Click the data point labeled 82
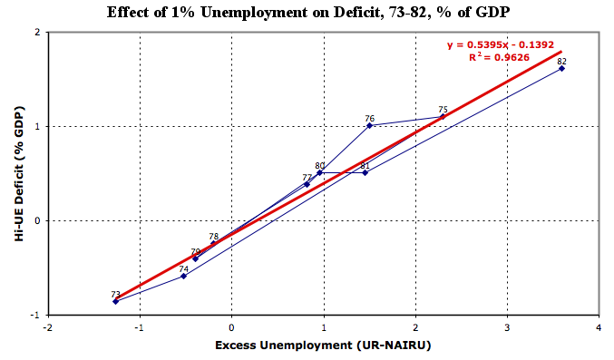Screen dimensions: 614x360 562,69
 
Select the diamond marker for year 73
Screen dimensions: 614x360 115,301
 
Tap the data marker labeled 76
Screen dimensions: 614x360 369,125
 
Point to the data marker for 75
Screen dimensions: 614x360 443,116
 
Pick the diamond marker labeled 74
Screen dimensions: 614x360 183,277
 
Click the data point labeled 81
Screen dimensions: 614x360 365,173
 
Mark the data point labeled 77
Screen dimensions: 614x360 307,184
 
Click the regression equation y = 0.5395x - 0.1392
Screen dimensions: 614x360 501,45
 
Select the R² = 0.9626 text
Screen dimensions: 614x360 499,57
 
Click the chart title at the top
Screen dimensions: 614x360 308,12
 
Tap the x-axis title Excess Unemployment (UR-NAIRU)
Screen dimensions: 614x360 323,345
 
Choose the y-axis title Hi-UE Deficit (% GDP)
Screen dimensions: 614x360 19,173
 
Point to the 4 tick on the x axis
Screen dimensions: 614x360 599,327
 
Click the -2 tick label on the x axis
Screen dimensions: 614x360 47,327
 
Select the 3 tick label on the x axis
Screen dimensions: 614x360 507,327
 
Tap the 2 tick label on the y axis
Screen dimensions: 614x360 37,32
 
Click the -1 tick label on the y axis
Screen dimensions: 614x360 36,315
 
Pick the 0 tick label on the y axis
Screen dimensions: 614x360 37,220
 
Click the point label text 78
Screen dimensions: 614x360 213,237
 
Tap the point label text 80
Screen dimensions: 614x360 320,166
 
